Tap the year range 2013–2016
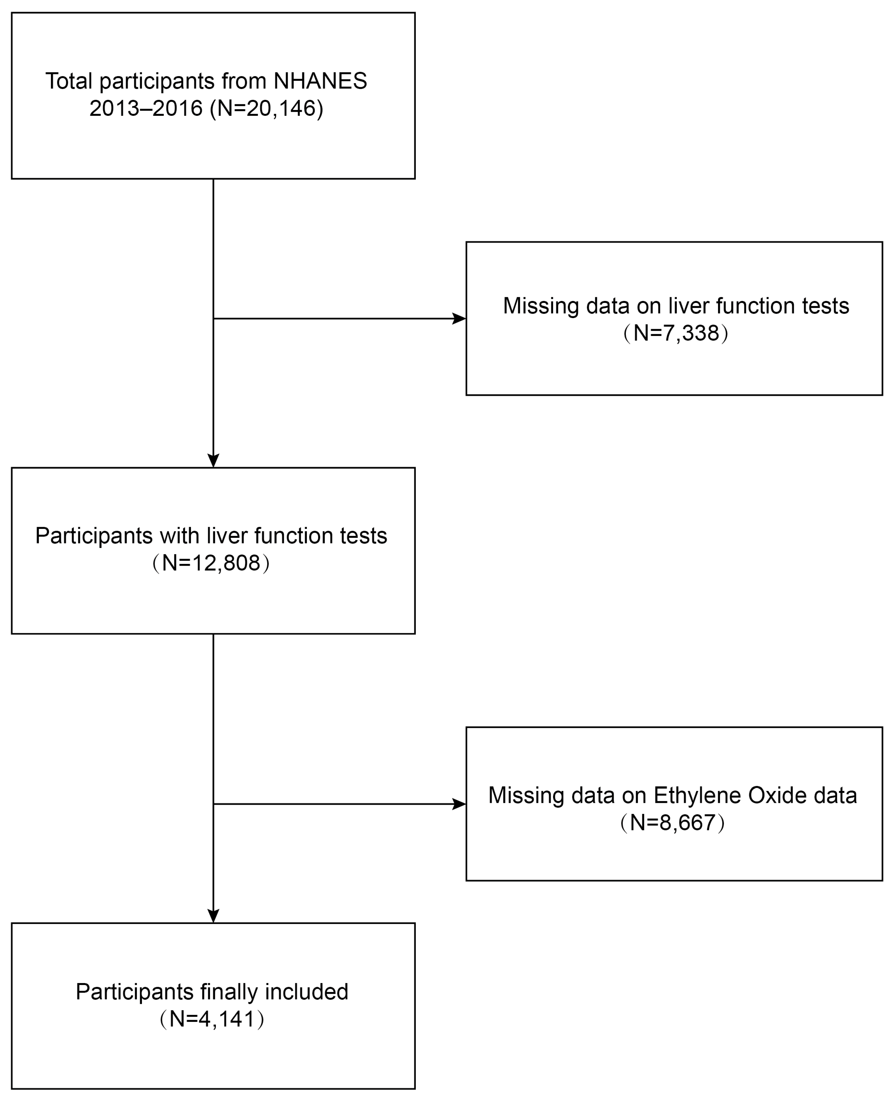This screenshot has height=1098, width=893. (146, 109)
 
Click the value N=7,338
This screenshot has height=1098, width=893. (676, 333)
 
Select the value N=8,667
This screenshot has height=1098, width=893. (673, 823)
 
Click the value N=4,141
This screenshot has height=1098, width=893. (212, 1019)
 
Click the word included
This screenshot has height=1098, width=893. (307, 992)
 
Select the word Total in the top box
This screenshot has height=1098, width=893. (69, 81)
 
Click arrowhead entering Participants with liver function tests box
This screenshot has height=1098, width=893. (214, 460)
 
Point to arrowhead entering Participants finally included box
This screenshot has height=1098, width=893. (214, 916)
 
